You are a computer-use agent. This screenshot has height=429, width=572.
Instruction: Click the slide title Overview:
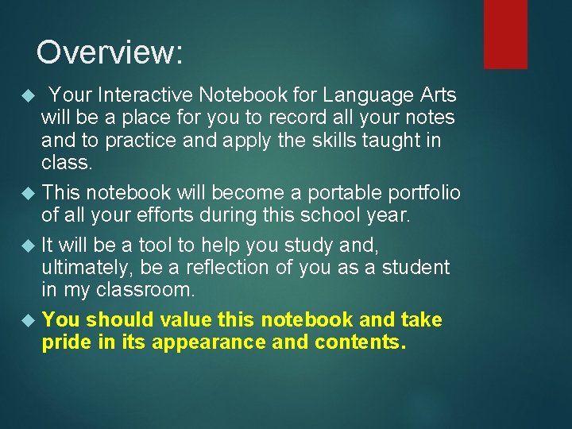110,52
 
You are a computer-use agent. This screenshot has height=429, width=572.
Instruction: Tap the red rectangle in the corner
505,33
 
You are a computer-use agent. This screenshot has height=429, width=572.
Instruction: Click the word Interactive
146,95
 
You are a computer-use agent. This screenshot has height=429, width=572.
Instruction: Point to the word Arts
438,95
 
